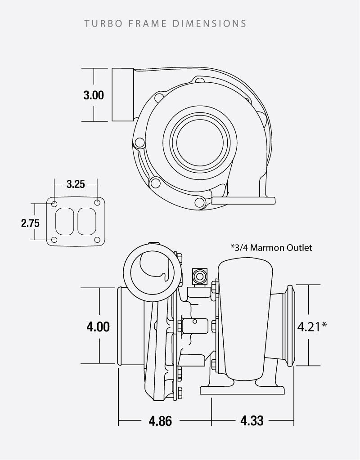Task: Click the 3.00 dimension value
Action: coord(94,95)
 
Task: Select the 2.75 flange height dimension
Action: coord(31,223)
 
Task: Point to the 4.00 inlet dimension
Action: coord(98,326)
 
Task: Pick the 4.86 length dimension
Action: coord(160,421)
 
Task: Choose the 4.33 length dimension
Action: coord(252,421)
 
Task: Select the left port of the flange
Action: coord(65,221)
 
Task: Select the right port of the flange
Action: coord(86,221)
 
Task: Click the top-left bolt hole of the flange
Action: coord(55,204)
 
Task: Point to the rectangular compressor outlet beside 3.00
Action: coord(122,94)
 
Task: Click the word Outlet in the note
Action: coord(299,248)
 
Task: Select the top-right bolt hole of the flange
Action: coord(97,204)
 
